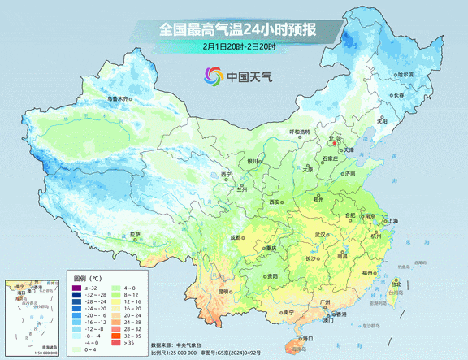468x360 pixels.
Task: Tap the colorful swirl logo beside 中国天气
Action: [212, 77]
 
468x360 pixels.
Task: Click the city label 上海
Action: [392, 220]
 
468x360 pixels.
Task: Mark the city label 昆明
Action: [207, 292]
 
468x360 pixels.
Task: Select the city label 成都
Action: [235, 237]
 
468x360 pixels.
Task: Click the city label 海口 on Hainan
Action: [307, 337]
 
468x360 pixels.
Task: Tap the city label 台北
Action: [397, 284]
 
